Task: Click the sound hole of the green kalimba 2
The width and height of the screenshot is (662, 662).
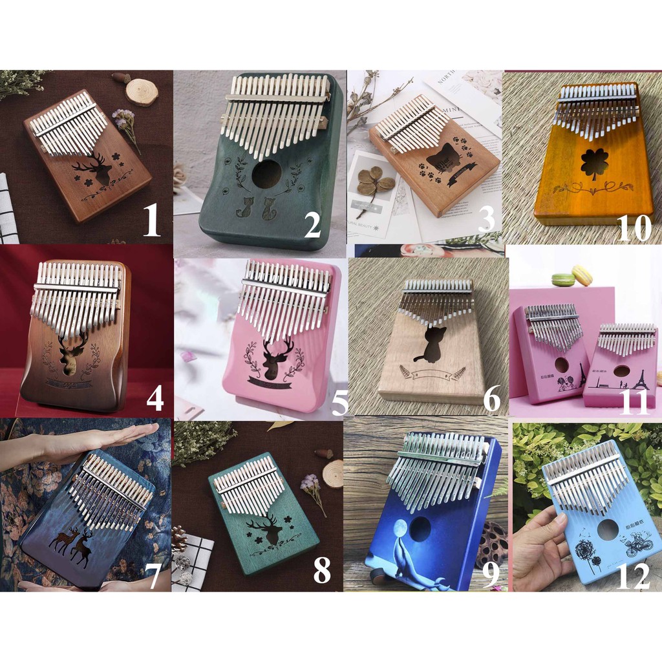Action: (266, 174)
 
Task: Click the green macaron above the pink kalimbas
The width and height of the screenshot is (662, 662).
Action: (563, 279)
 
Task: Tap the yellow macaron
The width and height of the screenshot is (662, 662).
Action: (582, 275)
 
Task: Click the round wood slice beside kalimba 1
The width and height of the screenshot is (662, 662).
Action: (142, 92)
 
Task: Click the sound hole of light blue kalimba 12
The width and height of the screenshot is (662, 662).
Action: (608, 529)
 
